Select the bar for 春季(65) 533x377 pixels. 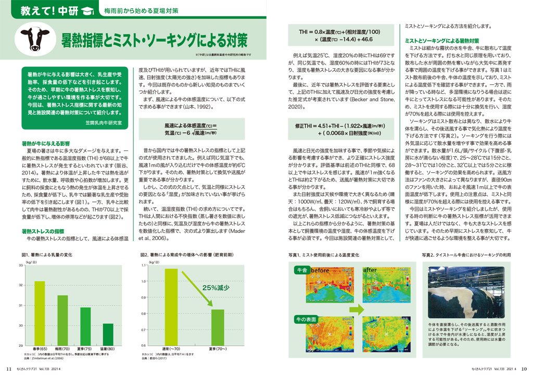(40, 313)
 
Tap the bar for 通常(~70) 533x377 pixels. (171, 307)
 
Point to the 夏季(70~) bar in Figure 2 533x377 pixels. (217, 328)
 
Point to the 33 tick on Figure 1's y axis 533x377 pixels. (20, 266)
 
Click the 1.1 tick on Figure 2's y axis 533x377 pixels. (144, 266)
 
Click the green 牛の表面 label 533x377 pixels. (306, 319)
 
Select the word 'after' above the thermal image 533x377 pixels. (370, 270)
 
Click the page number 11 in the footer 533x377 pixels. (8, 371)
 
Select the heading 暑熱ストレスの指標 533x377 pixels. (43, 231)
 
